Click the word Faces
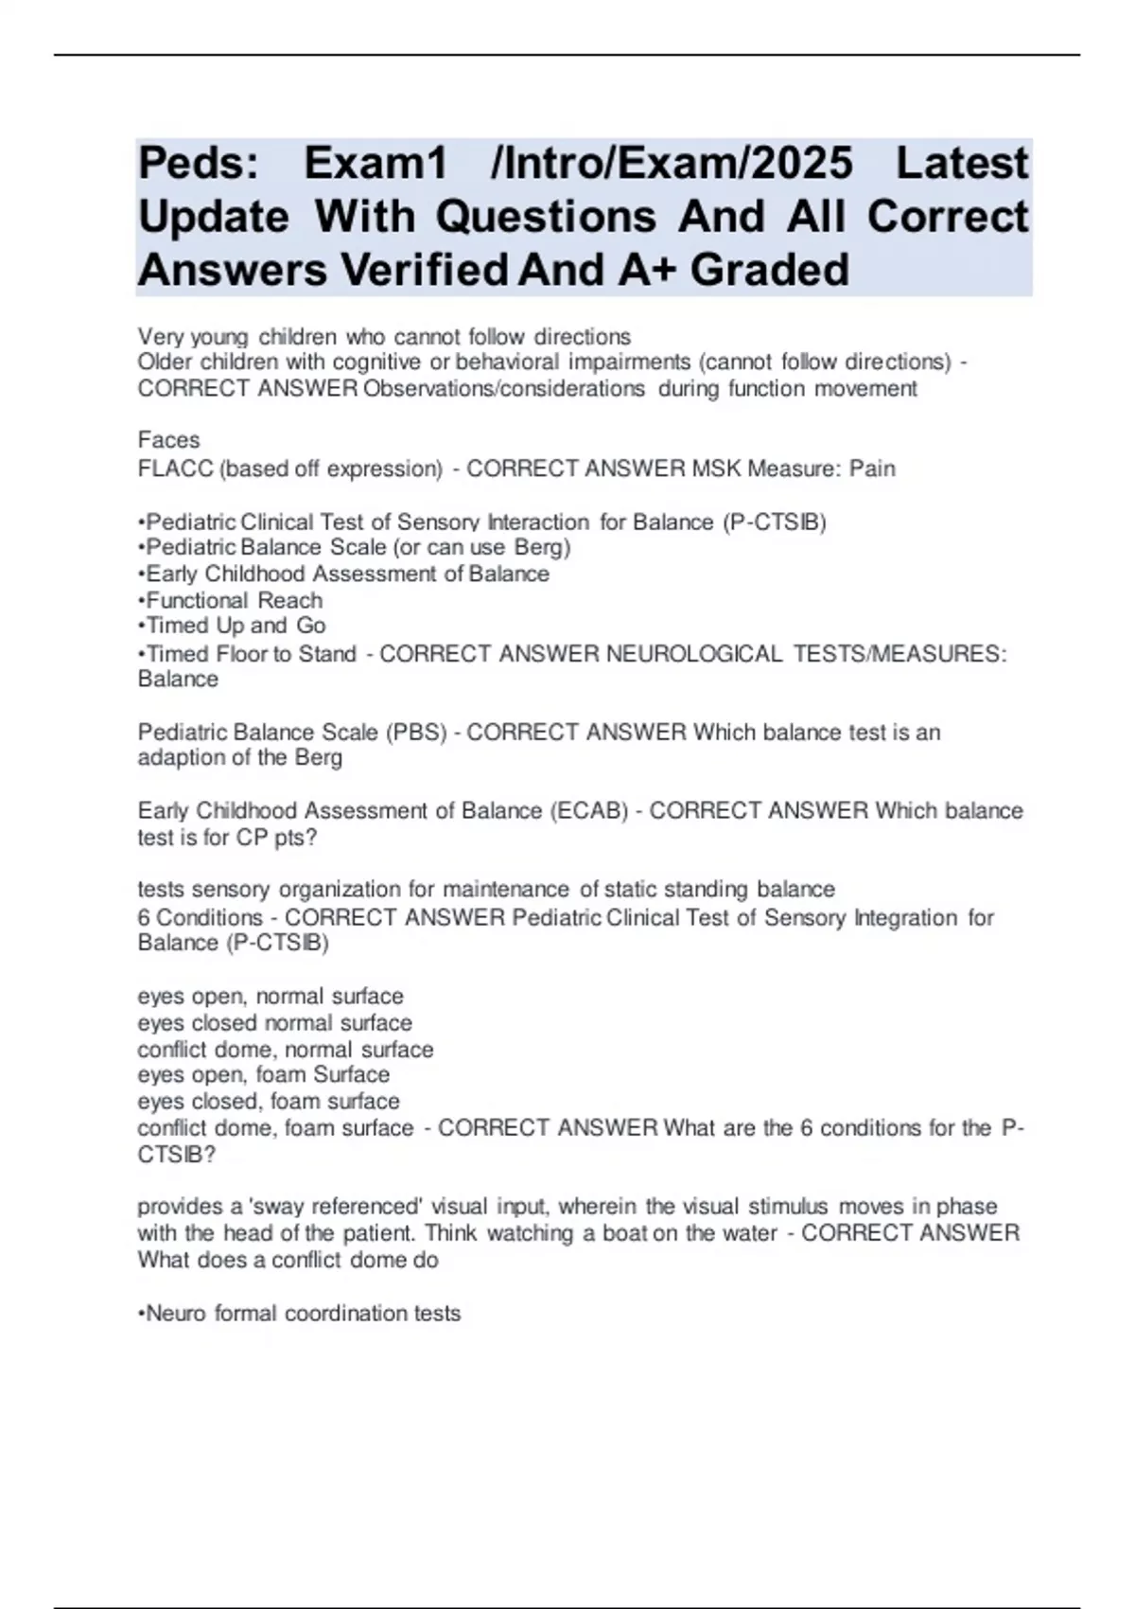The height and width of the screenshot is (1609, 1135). (x=168, y=440)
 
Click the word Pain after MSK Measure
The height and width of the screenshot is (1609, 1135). (x=872, y=469)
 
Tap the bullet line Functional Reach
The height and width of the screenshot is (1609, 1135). (x=234, y=600)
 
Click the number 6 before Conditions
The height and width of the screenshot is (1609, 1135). (x=144, y=918)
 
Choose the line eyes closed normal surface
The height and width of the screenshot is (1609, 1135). (x=274, y=1023)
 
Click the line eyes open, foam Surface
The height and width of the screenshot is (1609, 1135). (x=263, y=1075)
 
